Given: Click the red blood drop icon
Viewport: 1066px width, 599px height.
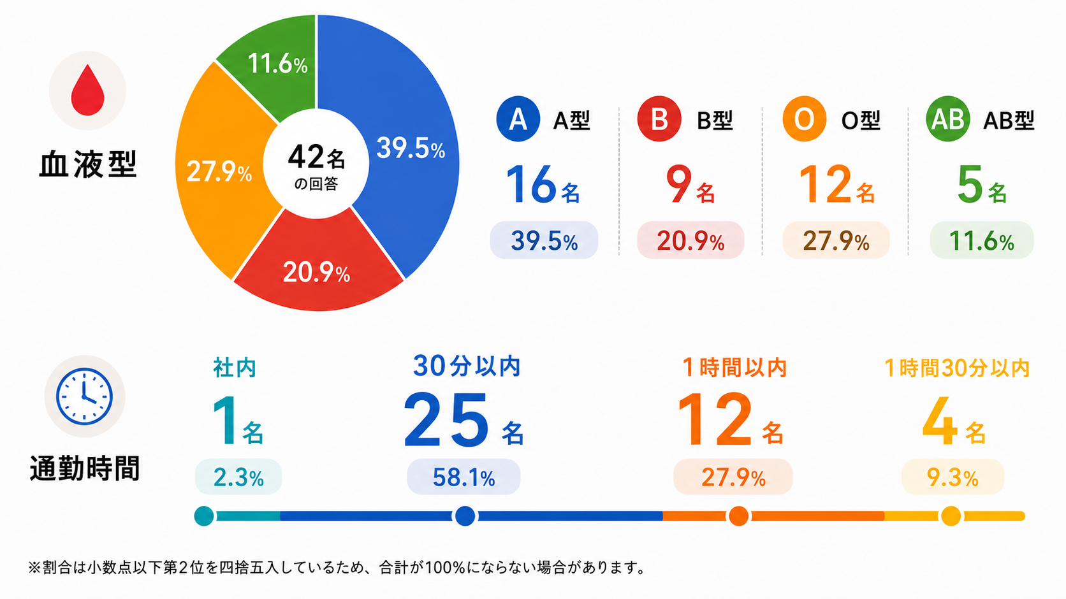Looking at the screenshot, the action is [87, 90].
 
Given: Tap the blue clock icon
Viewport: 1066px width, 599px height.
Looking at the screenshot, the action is [84, 396].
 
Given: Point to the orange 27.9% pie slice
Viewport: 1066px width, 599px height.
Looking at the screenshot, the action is [219, 171].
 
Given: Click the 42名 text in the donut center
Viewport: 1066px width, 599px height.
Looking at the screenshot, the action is [316, 157].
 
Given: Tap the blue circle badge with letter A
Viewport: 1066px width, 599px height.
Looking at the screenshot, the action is [518, 119].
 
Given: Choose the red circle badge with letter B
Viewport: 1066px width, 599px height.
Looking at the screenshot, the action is [659, 119].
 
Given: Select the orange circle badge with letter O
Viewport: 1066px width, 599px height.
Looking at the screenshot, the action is [804, 119].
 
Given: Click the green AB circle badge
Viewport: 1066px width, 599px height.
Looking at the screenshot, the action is [948, 119].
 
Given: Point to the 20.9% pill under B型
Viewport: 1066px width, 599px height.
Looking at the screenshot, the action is [690, 240].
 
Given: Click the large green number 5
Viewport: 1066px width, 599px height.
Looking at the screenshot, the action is [969, 184].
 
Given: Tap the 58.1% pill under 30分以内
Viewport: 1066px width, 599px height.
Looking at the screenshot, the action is [464, 477].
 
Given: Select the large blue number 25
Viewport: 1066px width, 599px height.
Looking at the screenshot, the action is [446, 420].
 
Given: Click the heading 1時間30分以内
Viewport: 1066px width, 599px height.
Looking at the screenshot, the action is [956, 368].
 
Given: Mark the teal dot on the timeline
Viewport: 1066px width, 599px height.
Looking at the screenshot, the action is [204, 516].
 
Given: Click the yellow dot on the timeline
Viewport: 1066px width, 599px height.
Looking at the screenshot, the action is [951, 516].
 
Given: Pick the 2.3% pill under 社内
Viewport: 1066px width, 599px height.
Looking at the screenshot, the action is [238, 477].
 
